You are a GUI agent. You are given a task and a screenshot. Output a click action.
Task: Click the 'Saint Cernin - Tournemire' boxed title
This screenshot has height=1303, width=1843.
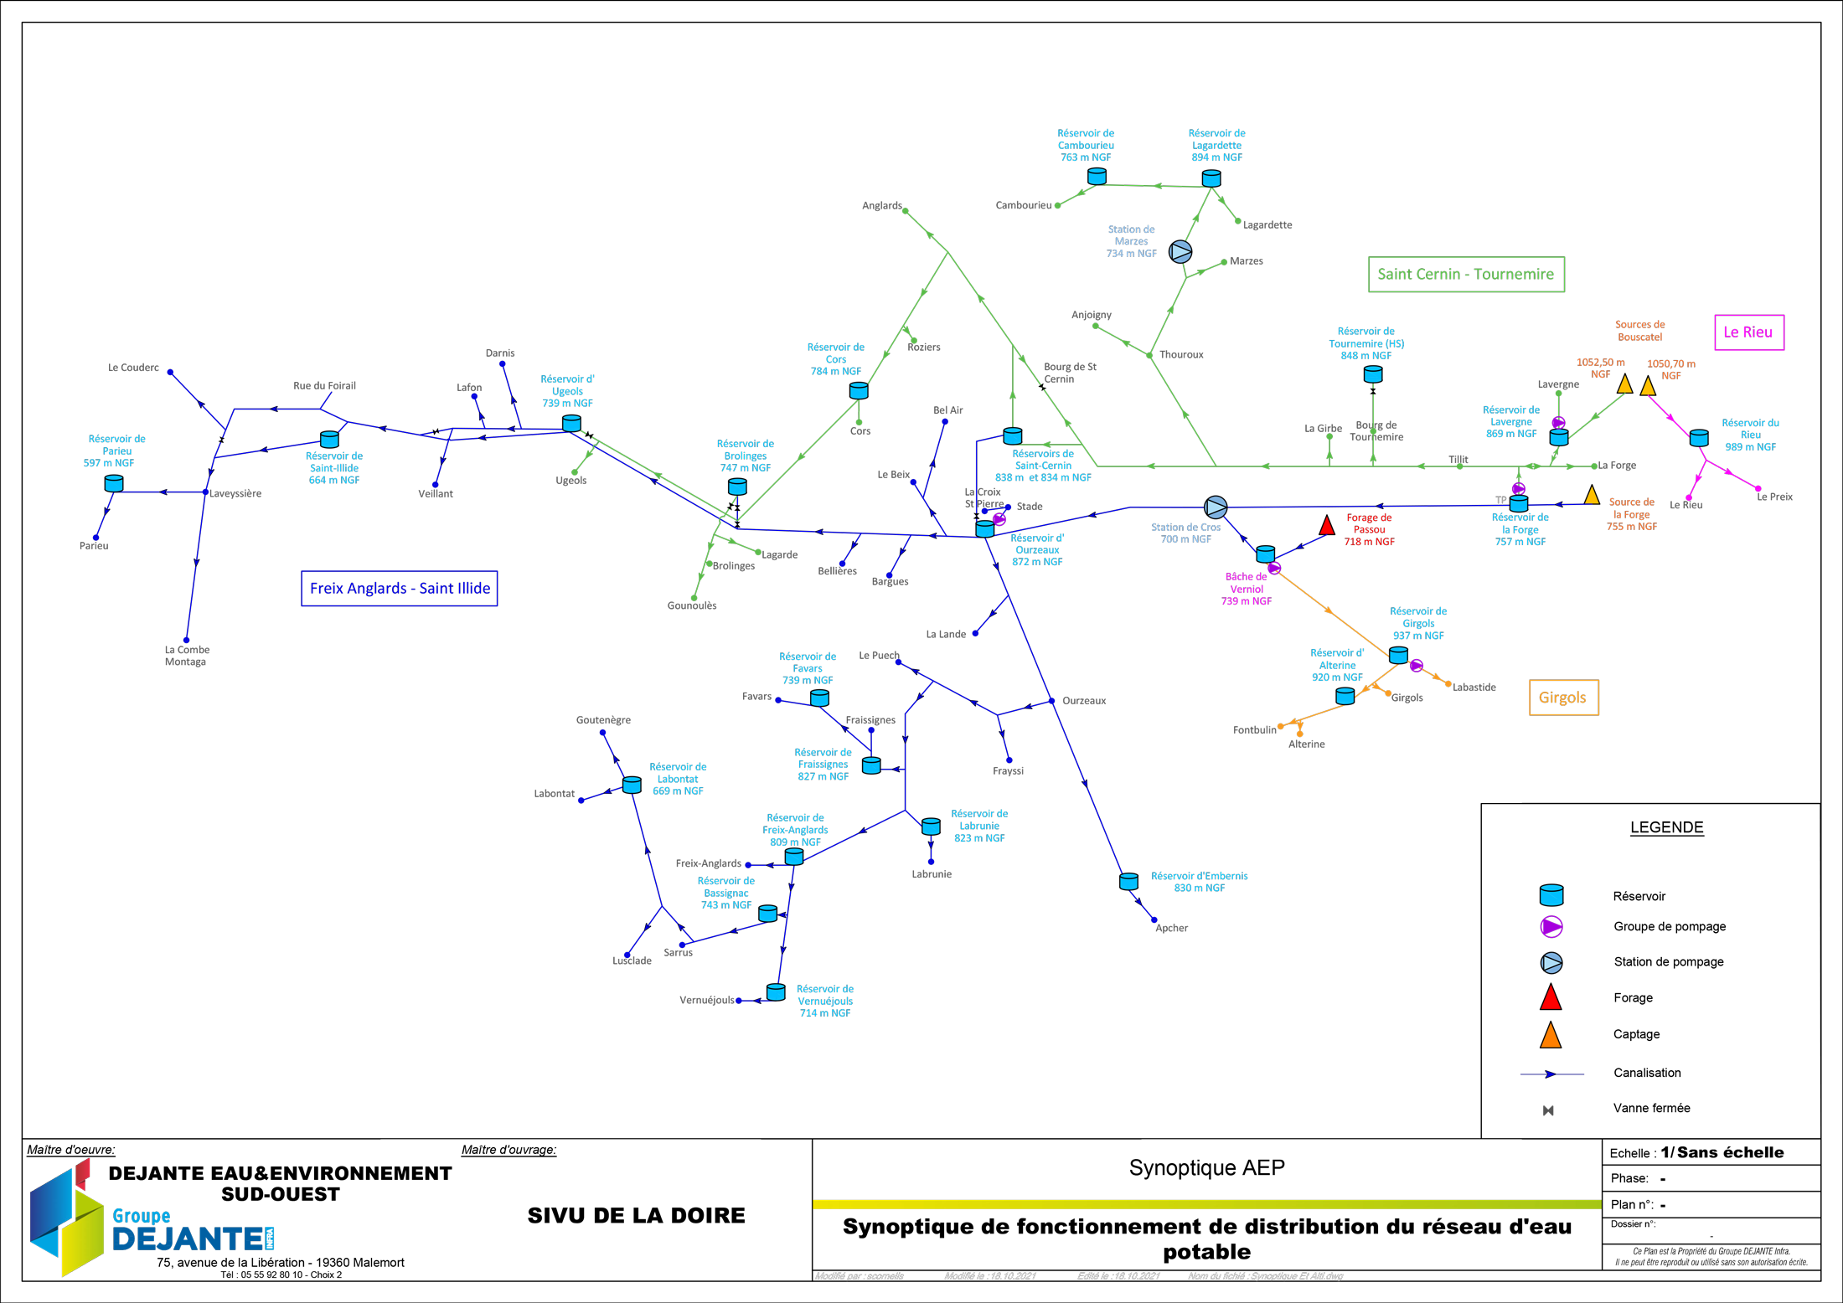(x=1466, y=275)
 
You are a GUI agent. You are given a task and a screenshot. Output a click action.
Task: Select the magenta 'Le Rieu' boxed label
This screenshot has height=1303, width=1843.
(x=1748, y=332)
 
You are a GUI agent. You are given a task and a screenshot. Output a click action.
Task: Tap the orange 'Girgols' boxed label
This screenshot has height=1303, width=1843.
(x=1563, y=698)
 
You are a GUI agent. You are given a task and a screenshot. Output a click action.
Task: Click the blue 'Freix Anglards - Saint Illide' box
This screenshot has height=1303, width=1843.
(x=400, y=589)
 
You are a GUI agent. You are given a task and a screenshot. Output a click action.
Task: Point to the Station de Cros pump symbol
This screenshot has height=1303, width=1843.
(x=1216, y=507)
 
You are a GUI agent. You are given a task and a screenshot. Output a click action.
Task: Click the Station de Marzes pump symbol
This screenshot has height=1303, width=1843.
(x=1180, y=251)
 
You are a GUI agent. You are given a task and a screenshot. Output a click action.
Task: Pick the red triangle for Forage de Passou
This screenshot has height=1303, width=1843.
(x=1327, y=527)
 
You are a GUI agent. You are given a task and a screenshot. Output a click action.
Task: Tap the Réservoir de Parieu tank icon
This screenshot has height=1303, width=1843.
(x=114, y=483)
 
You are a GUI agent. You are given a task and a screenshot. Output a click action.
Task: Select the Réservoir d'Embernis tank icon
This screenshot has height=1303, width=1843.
(x=1128, y=881)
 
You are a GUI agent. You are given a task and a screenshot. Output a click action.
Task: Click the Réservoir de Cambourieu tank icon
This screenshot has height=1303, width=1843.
(x=1097, y=177)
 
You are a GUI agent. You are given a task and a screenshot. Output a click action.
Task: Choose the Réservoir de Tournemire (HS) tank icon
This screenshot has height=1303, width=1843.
(x=1373, y=375)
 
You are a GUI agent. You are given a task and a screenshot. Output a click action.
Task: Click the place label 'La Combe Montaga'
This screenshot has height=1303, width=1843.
(x=187, y=656)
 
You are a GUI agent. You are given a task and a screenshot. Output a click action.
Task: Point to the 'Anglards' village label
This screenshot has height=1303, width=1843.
(x=881, y=206)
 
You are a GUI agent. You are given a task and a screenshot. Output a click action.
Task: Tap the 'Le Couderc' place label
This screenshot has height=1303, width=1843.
(x=133, y=368)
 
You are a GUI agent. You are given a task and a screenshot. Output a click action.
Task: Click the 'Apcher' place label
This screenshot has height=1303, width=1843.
(x=1171, y=928)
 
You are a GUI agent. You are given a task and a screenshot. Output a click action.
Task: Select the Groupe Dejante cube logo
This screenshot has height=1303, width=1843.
(x=67, y=1218)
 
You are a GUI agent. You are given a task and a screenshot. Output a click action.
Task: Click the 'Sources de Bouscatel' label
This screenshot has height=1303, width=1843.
(x=1639, y=331)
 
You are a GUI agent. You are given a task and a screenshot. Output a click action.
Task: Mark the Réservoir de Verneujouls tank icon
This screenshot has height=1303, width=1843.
(x=777, y=992)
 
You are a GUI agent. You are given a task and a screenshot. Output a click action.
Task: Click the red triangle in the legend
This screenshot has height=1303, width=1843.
(x=1551, y=998)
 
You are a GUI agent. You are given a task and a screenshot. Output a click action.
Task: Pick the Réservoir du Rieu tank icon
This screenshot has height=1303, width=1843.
(x=1699, y=438)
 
